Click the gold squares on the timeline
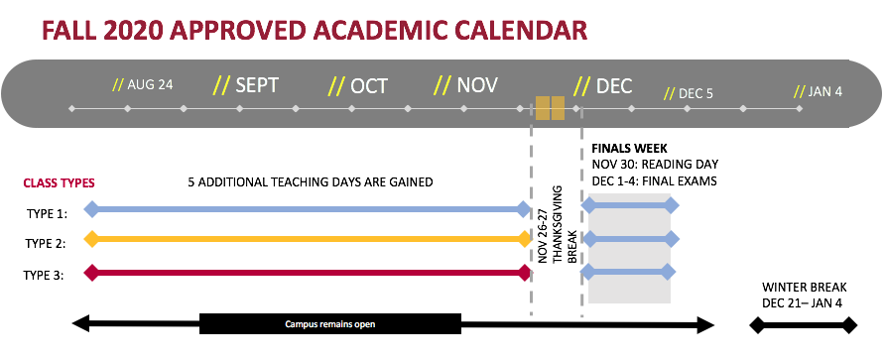click(550, 107)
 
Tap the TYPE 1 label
click(46, 212)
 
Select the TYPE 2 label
click(46, 243)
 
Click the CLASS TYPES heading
click(59, 182)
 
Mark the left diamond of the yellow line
click(91, 239)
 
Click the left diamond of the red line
click(91, 271)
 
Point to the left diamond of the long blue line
click(91, 208)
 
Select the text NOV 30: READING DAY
click(655, 164)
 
